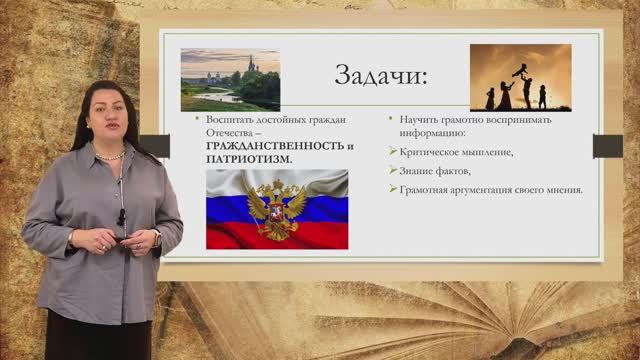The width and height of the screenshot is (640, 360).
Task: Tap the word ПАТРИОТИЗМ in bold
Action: coord(243,159)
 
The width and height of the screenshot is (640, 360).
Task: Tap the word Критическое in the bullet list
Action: coord(427,151)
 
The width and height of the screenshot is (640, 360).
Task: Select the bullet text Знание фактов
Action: coord(434,170)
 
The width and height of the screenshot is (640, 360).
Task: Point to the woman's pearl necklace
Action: coord(111,155)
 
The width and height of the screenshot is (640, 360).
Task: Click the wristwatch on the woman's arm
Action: coord(157,239)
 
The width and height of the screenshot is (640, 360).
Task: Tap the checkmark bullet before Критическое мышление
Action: coord(392,151)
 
